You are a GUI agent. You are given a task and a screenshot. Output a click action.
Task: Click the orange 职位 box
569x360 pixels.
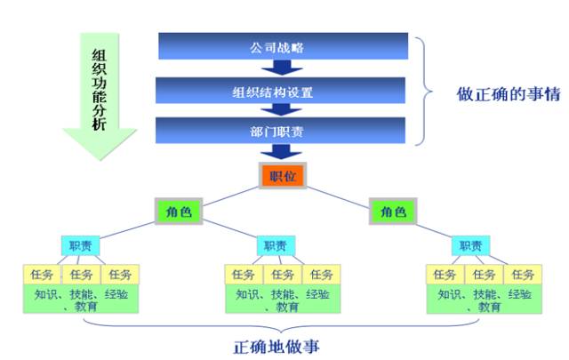click(x=282, y=175)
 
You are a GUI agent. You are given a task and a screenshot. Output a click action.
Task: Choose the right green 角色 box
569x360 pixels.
click(x=394, y=212)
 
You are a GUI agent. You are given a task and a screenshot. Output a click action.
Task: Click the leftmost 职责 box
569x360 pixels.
click(x=81, y=245)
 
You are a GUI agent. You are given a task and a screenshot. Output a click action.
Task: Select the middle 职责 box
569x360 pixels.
click(x=274, y=245)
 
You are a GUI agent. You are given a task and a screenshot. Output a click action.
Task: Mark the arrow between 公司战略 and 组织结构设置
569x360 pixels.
click(x=283, y=67)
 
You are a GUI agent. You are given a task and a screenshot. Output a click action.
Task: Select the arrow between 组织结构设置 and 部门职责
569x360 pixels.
click(x=283, y=110)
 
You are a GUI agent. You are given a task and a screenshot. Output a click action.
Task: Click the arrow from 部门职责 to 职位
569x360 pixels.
click(x=283, y=153)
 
